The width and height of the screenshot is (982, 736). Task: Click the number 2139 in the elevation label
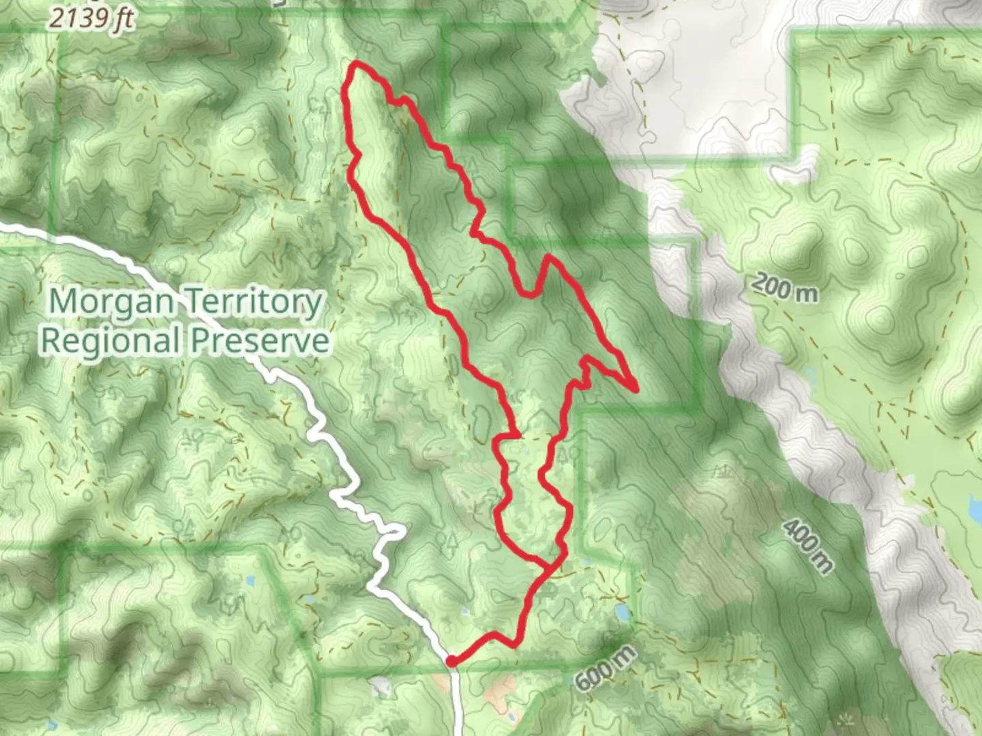click(79, 18)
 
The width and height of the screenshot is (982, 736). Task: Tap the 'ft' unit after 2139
click(123, 18)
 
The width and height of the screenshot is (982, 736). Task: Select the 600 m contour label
click(606, 667)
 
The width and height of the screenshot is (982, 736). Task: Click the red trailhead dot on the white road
click(451, 661)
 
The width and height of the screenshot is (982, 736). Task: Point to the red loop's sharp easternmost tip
click(636, 390)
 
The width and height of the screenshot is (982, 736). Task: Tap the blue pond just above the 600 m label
click(622, 612)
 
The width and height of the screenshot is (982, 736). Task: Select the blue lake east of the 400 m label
click(974, 506)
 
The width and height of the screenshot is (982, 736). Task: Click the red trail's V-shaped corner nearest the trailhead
click(494, 635)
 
